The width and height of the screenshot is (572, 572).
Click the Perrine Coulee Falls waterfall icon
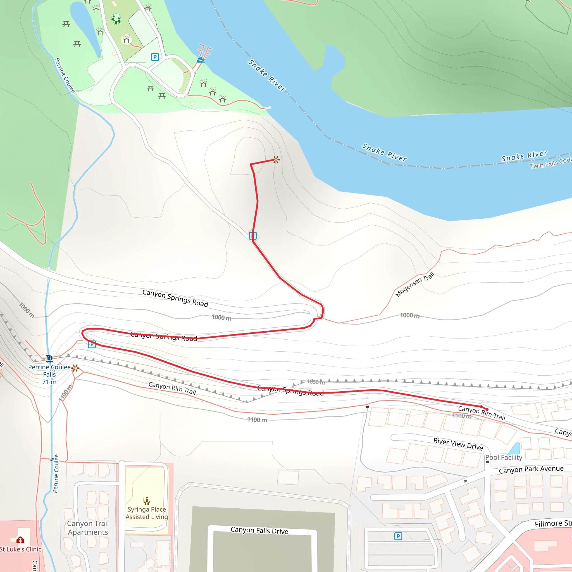point(49,359)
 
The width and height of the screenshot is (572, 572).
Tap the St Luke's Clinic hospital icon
point(20,540)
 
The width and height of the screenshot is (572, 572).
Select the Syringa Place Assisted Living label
point(147,513)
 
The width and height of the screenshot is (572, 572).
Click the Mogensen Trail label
point(415,285)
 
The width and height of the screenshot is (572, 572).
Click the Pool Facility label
point(504,457)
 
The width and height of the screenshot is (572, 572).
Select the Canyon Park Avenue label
point(531,469)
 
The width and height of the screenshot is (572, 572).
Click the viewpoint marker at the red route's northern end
point(276,160)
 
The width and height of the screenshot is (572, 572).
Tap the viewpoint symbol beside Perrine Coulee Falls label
point(75,368)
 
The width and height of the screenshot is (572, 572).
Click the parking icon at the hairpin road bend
point(92,344)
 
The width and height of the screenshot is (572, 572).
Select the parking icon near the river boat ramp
point(155,57)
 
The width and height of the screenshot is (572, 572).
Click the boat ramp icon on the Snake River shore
point(201,60)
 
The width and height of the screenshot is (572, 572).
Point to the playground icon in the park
point(116,20)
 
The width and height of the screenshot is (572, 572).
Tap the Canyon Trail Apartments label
point(88,528)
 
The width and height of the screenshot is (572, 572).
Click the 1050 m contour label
point(316,382)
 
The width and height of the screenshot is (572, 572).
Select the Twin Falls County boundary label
point(551,162)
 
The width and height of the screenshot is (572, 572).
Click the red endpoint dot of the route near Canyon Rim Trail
point(487,409)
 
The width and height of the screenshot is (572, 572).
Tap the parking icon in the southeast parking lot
point(398,536)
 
